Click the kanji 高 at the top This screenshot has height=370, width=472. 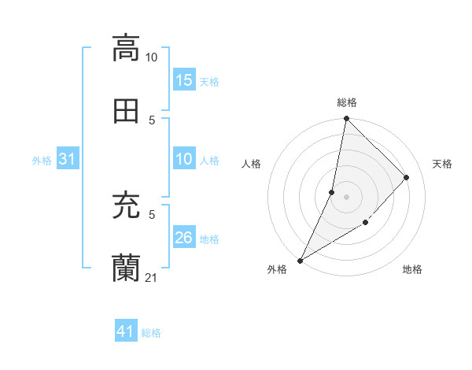click(126, 48)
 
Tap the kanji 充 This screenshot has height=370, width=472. click(126, 206)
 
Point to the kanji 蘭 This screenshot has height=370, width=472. click(126, 268)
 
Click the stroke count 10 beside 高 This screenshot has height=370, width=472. click(152, 57)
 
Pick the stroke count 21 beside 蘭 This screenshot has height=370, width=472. click(152, 277)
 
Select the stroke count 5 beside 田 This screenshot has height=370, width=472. click(152, 120)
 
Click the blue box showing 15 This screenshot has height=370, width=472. click(184, 80)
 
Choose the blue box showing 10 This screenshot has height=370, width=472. click(184, 160)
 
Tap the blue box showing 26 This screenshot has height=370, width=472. click(184, 239)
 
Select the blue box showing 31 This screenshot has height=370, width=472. click(68, 160)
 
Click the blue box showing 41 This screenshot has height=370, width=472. click(126, 332)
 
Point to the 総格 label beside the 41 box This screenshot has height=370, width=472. click(151, 333)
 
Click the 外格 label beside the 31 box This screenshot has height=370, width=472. click(42, 161)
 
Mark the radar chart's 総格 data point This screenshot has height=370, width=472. click(346, 119)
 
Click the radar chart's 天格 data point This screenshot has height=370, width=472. click(407, 177)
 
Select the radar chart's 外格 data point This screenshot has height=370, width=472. click(300, 260)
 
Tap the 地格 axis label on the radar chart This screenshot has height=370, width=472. click(412, 270)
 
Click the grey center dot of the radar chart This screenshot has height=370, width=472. click(346, 196)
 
